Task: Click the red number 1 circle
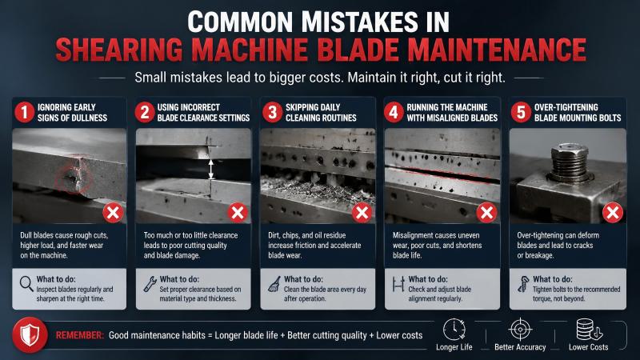[25, 112]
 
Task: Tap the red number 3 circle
[272, 112]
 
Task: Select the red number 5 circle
[521, 112]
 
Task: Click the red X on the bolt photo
[612, 213]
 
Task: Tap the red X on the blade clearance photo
[238, 213]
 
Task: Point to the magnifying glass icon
[26, 284]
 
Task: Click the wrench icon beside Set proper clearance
[150, 284]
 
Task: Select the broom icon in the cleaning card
[274, 284]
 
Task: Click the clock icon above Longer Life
[454, 330]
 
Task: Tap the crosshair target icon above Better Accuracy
[521, 329]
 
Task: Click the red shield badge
[30, 335]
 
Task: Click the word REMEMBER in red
[80, 335]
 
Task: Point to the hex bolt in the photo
[570, 162]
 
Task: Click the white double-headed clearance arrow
[211, 169]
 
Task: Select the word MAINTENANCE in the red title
[497, 50]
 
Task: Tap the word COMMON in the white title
[240, 22]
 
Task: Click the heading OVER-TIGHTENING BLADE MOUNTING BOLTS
[578, 113]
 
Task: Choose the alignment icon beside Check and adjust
[398, 284]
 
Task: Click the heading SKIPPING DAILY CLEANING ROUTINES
[321, 113]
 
